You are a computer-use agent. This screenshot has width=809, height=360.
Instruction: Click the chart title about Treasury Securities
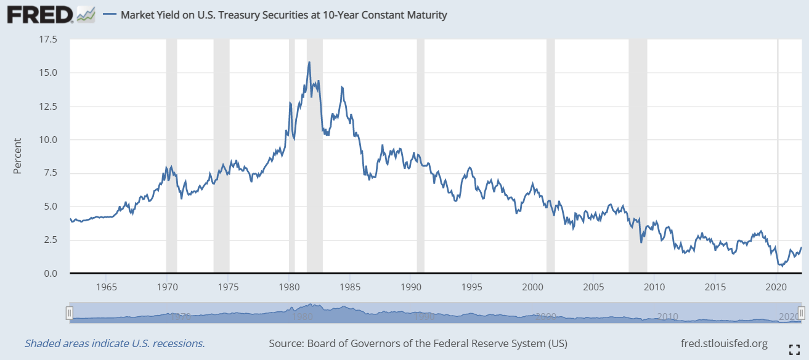(x=283, y=15)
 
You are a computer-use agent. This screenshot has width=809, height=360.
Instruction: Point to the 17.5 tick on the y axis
(x=48, y=40)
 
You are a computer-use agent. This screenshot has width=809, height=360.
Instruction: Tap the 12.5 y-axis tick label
(x=48, y=107)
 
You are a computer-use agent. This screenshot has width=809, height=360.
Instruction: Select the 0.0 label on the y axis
(x=51, y=273)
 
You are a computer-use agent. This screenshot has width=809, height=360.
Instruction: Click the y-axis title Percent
(x=17, y=155)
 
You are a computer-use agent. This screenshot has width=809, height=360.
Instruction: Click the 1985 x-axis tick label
(x=350, y=287)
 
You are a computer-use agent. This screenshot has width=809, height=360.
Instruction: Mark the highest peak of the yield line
(x=309, y=62)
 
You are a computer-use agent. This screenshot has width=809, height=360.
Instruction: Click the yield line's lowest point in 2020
(x=780, y=266)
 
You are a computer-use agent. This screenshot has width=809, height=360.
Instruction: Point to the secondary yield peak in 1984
(x=341, y=87)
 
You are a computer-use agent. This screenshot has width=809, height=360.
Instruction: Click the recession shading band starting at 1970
(x=171, y=154)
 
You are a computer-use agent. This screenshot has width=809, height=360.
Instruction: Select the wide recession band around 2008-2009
(x=638, y=154)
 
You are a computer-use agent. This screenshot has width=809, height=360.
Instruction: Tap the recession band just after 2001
(x=550, y=154)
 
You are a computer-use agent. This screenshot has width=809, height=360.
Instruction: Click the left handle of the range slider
(x=70, y=313)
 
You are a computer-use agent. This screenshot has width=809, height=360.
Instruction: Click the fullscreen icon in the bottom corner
(x=794, y=349)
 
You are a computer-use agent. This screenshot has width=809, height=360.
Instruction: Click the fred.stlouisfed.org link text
(x=724, y=343)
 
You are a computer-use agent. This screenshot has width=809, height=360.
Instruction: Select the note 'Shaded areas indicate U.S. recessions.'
(x=115, y=343)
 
